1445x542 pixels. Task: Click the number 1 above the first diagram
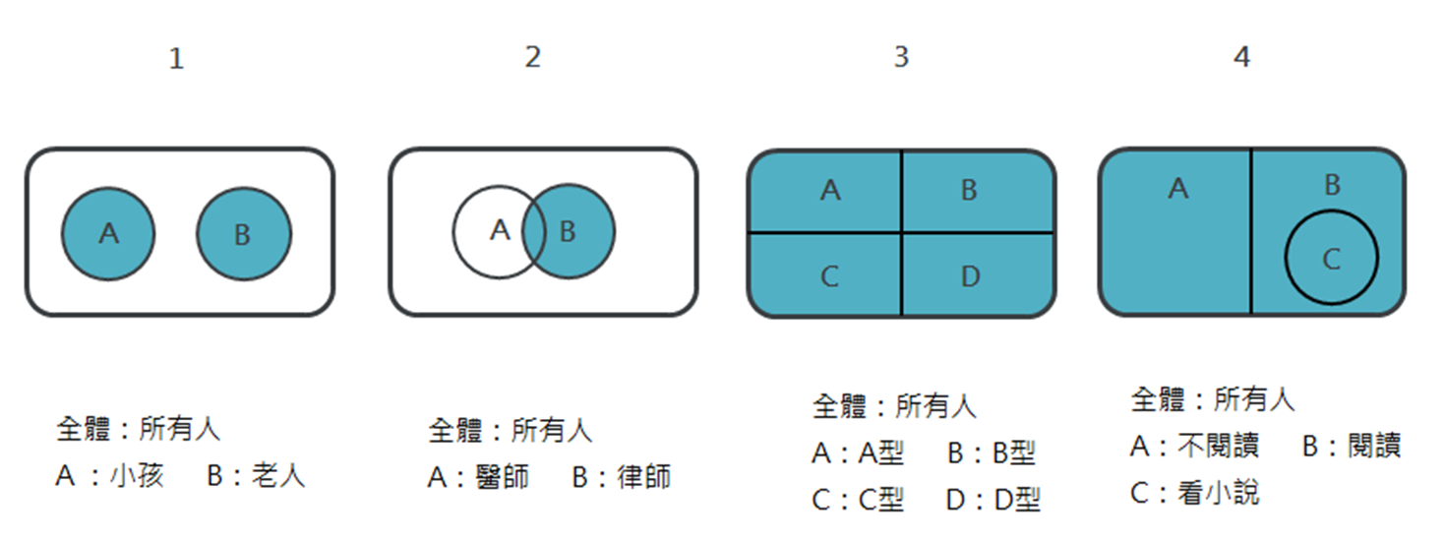tap(176, 59)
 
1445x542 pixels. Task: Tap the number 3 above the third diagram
tap(901, 57)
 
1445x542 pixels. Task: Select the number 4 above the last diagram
tap(1241, 57)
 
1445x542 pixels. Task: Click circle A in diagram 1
tap(108, 233)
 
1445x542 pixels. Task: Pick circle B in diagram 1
tap(243, 235)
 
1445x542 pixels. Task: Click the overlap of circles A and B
tap(534, 232)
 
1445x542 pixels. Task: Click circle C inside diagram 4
tap(1331, 258)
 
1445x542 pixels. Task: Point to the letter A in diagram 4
tap(1177, 188)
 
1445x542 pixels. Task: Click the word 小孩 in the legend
tap(137, 476)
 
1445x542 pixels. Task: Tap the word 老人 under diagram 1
tap(278, 476)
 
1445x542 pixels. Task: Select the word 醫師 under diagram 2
tap(502, 477)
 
